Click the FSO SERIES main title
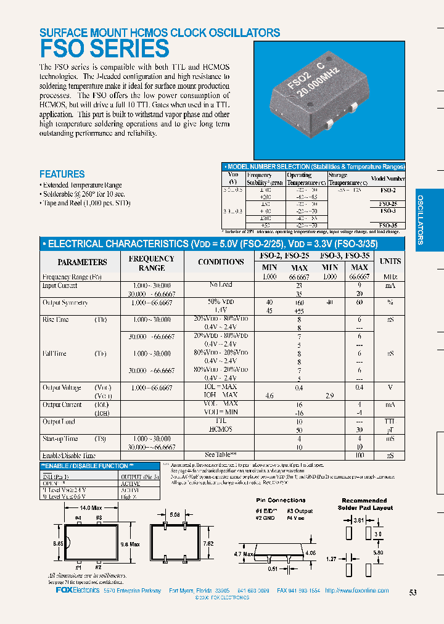104,49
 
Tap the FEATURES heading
62,174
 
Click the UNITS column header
390,262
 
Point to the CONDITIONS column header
221,262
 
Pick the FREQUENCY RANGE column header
152,263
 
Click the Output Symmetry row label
65,303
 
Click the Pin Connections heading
281,500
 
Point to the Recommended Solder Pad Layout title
364,504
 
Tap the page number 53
413,593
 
